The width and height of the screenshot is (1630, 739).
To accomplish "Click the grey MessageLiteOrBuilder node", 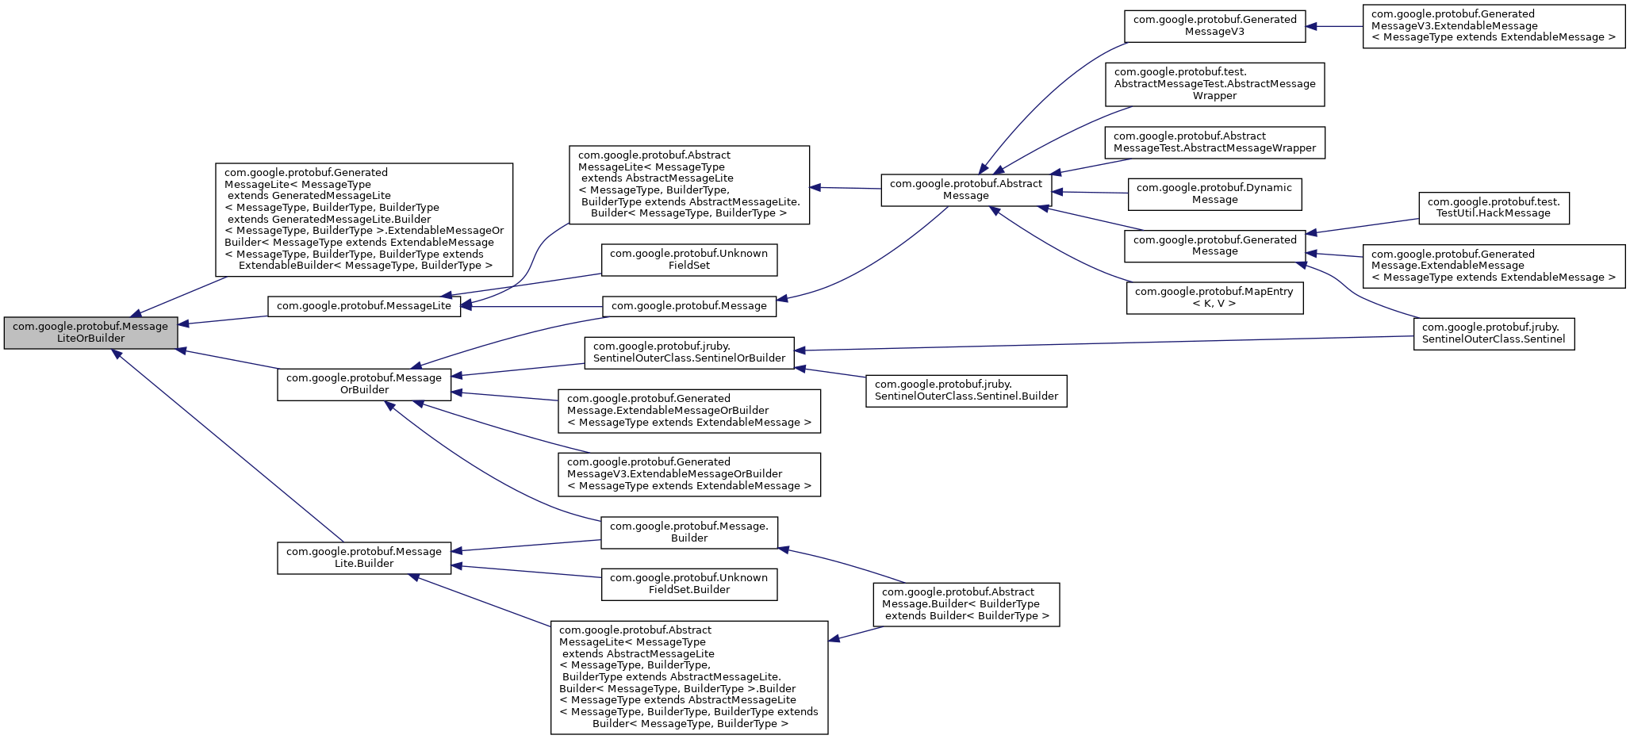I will (90, 332).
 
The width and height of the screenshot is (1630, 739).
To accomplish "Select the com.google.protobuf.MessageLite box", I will (363, 306).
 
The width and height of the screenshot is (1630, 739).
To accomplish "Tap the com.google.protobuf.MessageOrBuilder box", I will (364, 384).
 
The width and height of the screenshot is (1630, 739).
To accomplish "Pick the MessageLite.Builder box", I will (364, 557).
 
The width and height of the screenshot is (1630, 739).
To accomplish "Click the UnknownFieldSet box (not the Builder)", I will (688, 259).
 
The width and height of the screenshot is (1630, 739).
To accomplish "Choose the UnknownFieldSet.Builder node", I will (688, 584).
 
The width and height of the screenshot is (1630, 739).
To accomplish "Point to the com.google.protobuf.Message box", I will (688, 306).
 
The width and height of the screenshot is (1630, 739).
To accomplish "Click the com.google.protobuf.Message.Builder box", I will (688, 532).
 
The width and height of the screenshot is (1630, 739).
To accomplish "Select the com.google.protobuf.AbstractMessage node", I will (965, 190).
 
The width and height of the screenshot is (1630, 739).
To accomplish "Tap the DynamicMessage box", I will (1214, 193).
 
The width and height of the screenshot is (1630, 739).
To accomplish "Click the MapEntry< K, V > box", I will (1214, 297).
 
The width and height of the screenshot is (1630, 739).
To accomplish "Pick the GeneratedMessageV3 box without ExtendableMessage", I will (1214, 25).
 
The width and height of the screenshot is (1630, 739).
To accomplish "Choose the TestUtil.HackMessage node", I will (1493, 207).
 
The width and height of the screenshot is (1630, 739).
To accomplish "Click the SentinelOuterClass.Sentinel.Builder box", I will (965, 390).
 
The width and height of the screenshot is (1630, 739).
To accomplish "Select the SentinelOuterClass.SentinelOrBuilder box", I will (688, 352).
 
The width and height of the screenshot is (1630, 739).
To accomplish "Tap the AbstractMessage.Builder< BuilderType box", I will (965, 604).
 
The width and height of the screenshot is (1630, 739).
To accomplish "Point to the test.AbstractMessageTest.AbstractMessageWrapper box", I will (1214, 84).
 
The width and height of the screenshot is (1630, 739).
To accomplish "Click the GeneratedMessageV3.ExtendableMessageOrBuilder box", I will (688, 474).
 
